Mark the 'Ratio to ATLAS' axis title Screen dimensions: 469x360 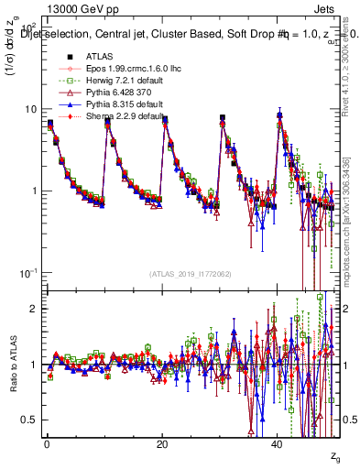[13, 362]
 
